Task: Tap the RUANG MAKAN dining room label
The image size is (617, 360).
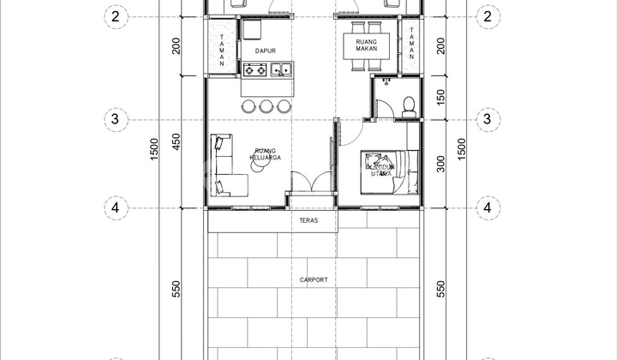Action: coord(367,45)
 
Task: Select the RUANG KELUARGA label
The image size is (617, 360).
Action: coord(266,154)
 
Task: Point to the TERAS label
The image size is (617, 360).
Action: coord(309,221)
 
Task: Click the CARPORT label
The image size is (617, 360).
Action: coord(314,279)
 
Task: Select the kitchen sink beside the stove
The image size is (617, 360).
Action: coord(282,69)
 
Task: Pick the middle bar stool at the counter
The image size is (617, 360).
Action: coord(266,106)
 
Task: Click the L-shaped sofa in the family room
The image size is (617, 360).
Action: coord(225,165)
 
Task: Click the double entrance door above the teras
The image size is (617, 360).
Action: coord(310,183)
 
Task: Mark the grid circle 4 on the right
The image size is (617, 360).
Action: coord(488,207)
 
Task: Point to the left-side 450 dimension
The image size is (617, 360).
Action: coord(177,142)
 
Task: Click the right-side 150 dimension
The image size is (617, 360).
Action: coord(440,98)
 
